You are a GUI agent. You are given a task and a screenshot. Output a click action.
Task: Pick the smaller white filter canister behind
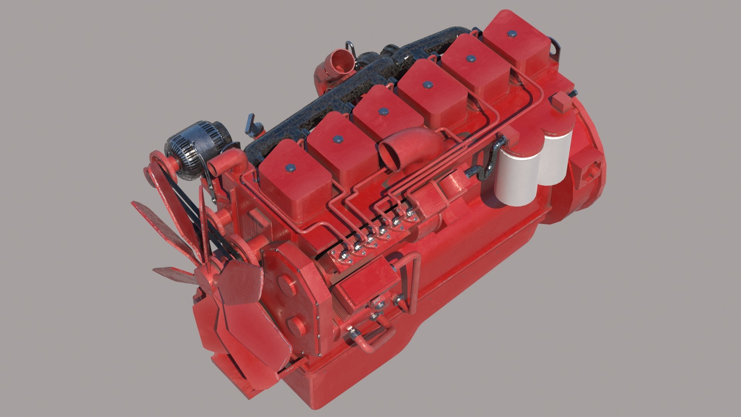(556, 154)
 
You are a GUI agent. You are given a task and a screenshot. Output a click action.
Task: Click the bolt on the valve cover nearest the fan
(290, 168)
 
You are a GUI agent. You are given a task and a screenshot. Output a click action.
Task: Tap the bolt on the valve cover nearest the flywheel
(512, 34)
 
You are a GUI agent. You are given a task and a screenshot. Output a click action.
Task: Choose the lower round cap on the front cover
(295, 326)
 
